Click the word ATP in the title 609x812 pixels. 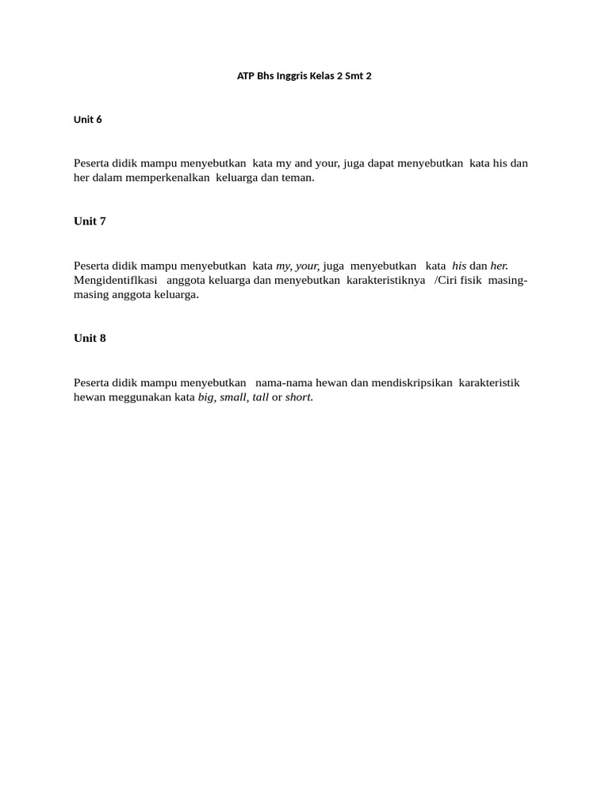246,77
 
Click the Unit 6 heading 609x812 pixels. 88,120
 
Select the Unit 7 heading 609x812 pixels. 90,221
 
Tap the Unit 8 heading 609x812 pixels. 90,339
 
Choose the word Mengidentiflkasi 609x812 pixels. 116,280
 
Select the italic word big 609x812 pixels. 206,397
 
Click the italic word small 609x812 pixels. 233,397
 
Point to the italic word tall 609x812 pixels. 260,397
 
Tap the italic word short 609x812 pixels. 298,397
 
